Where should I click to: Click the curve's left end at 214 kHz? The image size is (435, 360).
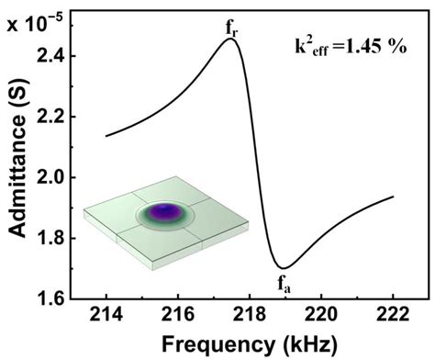107,136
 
